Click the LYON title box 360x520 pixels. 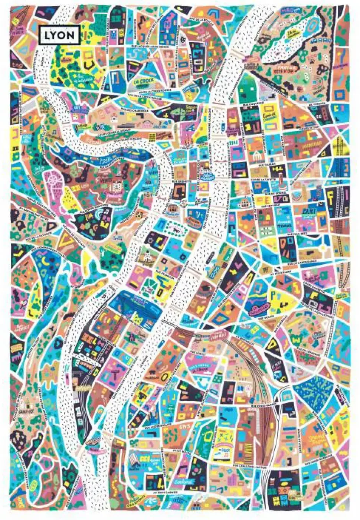(x=59, y=35)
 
